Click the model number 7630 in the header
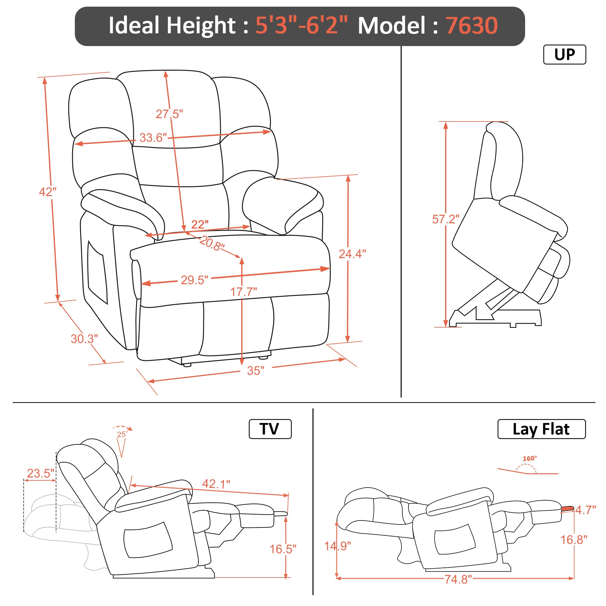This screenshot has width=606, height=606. point(471,25)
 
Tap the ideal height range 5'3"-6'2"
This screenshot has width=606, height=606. point(301,25)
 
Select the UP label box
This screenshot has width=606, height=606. point(564,55)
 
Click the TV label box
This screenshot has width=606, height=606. point(270,429)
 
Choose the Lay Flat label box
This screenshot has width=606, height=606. point(541,429)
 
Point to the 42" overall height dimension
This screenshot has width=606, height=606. point(48,192)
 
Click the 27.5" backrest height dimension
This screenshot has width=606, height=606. point(169,114)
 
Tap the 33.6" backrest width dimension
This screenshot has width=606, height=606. point(153,138)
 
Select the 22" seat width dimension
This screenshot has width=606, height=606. point(199,225)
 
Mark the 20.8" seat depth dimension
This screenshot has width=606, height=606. point(212,243)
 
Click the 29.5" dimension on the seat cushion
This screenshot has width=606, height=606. point(195,280)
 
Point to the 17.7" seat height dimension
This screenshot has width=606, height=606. point(244,292)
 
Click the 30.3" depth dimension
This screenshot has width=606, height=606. point(84,339)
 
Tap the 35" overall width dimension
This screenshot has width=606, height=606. point(256,371)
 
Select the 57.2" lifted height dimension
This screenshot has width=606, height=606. point(446,219)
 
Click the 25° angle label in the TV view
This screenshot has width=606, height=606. point(122,435)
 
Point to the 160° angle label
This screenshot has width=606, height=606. point(530,458)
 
